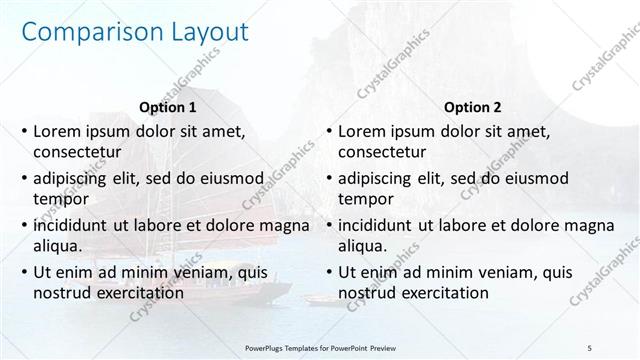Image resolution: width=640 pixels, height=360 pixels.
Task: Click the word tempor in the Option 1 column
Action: [x=61, y=199]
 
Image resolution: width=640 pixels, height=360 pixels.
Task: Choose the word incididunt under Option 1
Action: [x=73, y=224]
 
